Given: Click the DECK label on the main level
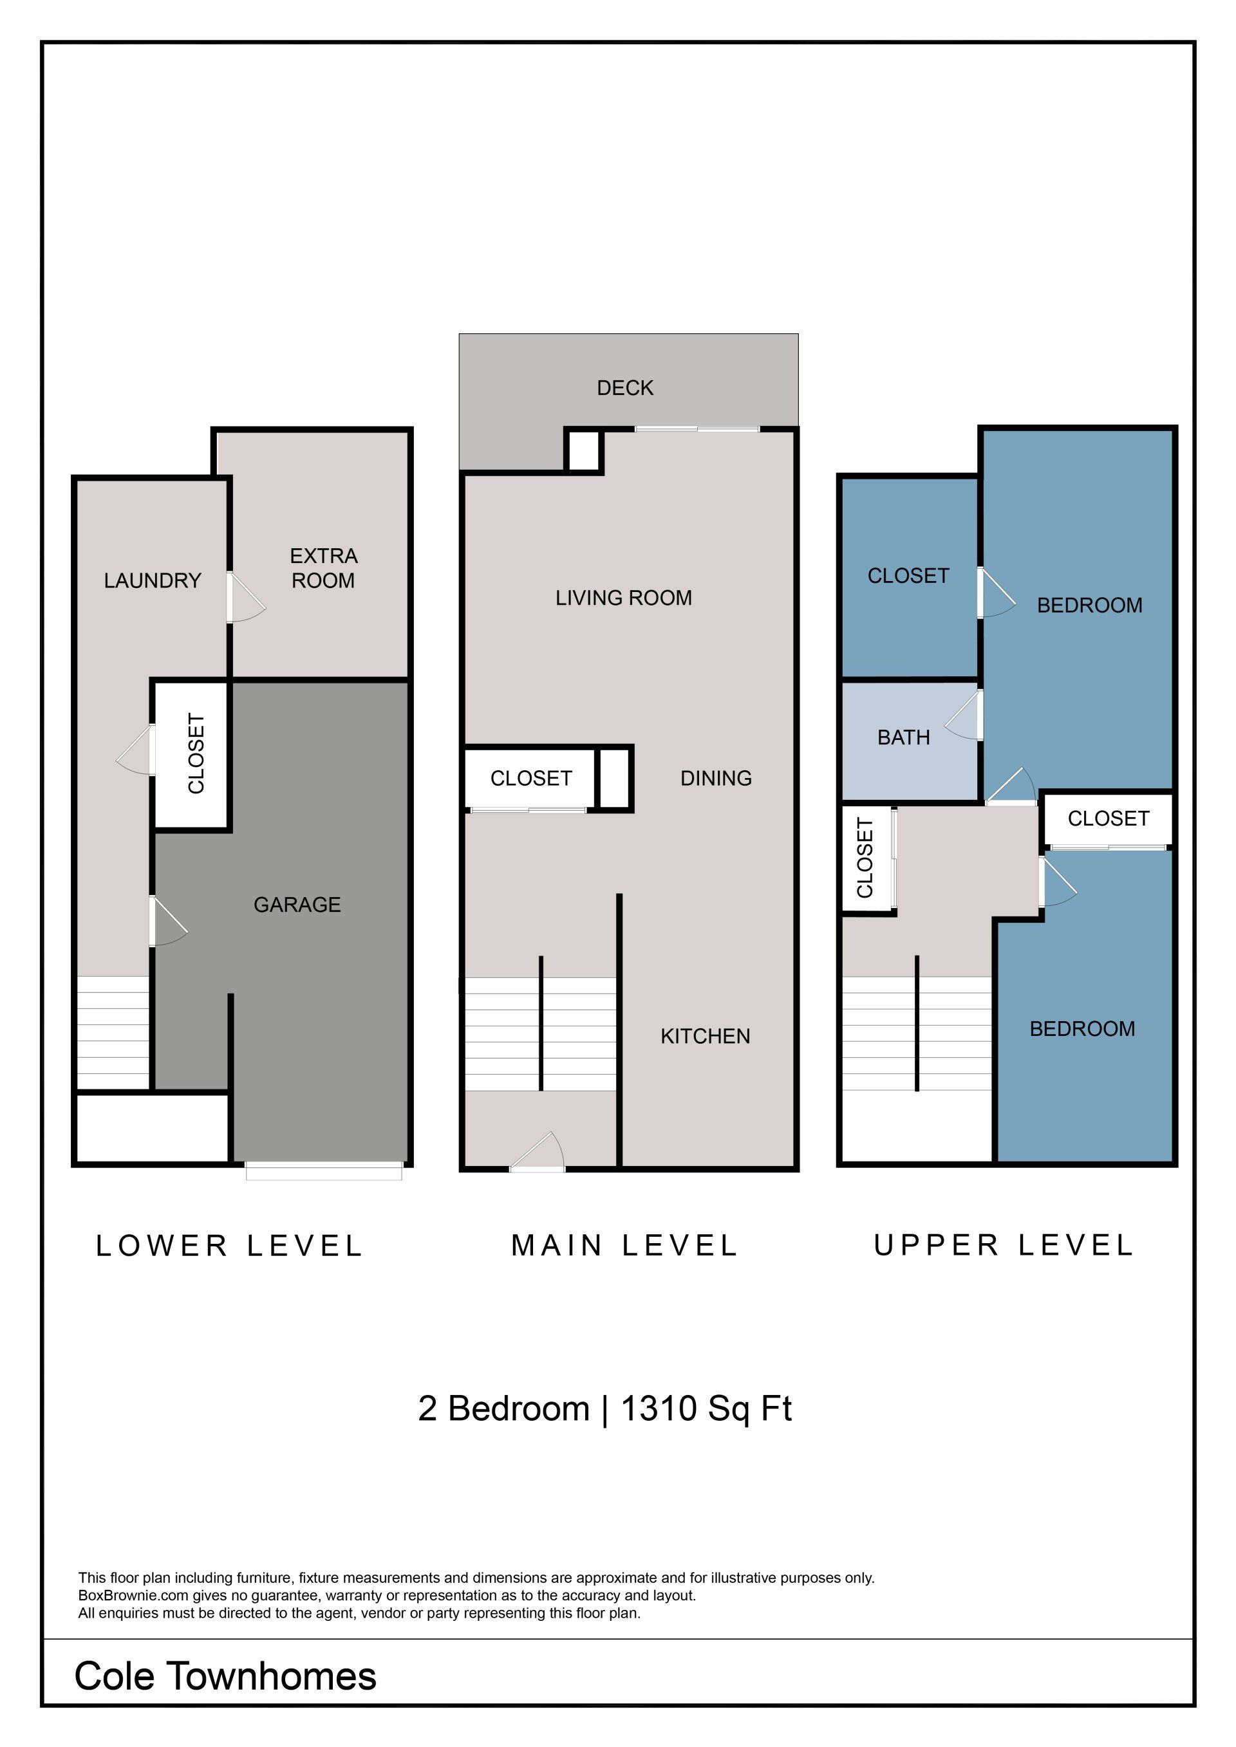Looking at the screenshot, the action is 625,388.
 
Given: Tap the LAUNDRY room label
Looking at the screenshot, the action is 152,580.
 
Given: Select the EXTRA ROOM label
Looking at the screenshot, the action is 323,568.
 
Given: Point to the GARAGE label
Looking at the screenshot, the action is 297,905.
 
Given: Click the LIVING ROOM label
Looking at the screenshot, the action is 623,598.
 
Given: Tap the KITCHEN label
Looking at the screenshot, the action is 706,1037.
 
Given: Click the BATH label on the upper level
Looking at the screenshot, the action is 903,737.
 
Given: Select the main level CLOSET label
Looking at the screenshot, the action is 531,779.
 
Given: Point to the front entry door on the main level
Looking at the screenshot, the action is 536,1152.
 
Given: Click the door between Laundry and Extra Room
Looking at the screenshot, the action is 245,597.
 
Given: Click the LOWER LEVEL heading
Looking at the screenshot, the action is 229,1246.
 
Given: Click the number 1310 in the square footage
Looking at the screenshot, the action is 659,1409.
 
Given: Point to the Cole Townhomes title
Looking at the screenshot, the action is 225,1676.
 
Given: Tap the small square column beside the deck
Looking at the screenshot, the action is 584,451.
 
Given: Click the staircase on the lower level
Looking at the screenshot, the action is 113,1033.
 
